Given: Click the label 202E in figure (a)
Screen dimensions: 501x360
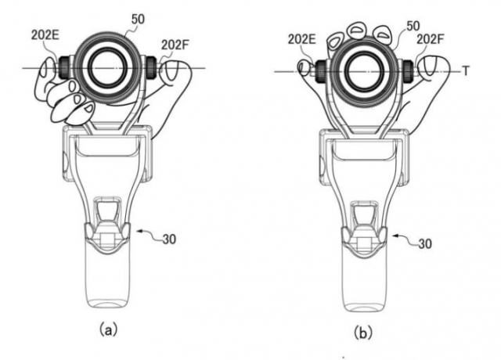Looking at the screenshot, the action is click(x=45, y=35).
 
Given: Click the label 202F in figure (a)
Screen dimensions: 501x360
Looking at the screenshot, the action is click(x=175, y=45).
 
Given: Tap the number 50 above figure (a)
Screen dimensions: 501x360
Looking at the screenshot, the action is click(x=138, y=19).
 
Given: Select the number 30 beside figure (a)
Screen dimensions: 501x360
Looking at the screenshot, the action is click(x=169, y=239).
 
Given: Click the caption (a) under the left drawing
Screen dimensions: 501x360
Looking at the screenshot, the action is click(x=108, y=329).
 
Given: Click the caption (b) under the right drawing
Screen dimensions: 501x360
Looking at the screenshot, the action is click(x=363, y=333).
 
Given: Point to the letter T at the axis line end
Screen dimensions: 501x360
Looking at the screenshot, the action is click(x=466, y=71).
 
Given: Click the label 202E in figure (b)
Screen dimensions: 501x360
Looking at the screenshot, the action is click(x=302, y=39).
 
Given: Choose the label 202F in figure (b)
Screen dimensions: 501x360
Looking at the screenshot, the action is click(x=431, y=39).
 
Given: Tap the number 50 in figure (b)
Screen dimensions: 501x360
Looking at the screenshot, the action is click(x=413, y=26).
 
